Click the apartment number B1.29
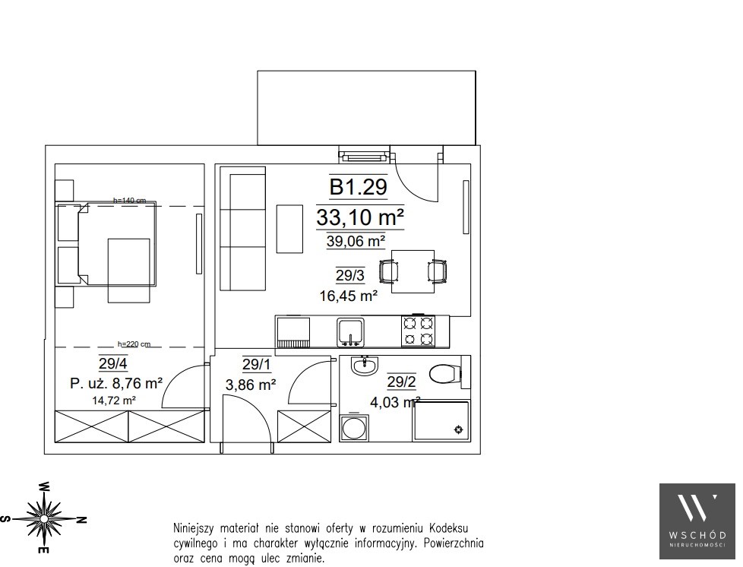[359, 187]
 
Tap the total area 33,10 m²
[360, 217]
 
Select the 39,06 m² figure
[356, 241]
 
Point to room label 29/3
[350, 275]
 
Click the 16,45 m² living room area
[349, 296]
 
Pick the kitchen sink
[351, 331]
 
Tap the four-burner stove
[419, 331]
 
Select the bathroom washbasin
[365, 366]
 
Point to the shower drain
[458, 430]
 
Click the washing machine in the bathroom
[354, 428]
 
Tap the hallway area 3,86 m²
[251, 385]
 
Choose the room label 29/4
[112, 363]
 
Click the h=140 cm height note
[129, 201]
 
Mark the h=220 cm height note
[134, 344]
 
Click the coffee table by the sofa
[289, 229]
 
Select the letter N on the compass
[81, 520]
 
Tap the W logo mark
[697, 509]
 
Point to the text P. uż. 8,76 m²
[116, 383]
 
